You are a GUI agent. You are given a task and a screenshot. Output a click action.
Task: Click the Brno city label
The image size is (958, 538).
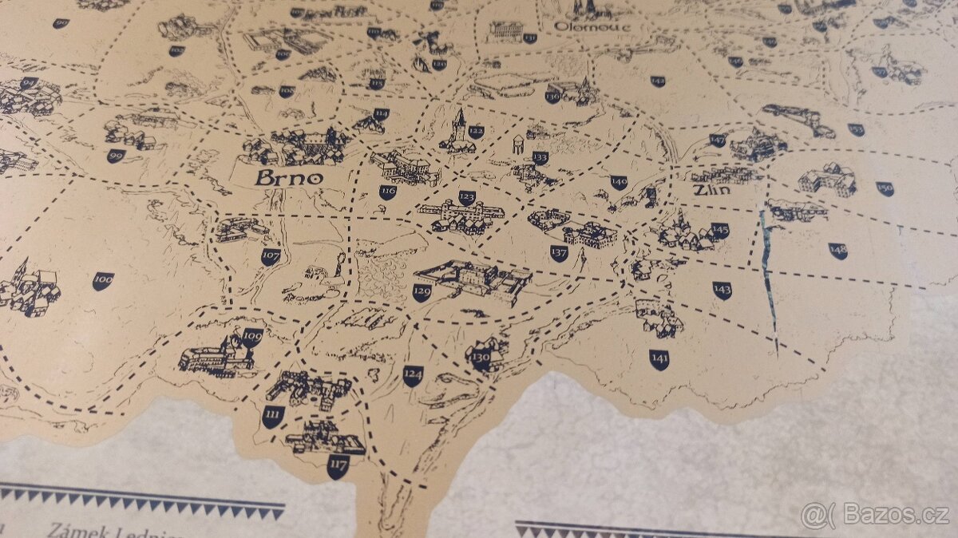[289, 177]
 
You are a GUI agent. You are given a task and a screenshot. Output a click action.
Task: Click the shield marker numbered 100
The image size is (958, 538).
[103, 280]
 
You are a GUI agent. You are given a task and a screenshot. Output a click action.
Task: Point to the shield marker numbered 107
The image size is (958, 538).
[271, 257]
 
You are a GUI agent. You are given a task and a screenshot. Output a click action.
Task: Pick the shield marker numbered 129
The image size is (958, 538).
[422, 293]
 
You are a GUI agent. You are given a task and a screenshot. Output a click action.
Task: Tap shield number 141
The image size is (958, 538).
[659, 359]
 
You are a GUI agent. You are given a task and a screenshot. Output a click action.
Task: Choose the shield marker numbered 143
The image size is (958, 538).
[722, 290]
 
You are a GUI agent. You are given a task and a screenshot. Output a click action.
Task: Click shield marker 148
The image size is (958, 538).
[837, 251]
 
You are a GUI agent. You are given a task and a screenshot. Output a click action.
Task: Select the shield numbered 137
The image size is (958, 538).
[559, 253]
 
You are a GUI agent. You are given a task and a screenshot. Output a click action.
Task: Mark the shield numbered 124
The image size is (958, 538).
[413, 375]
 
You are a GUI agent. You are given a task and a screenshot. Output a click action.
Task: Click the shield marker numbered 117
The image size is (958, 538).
[338, 465]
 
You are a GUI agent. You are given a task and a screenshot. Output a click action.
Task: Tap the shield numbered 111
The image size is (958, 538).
[273, 416]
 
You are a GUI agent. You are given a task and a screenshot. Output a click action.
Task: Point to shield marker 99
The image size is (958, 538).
[116, 156]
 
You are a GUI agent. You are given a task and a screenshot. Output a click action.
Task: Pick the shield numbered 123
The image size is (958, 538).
[467, 197]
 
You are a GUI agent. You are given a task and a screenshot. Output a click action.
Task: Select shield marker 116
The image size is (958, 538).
[388, 192]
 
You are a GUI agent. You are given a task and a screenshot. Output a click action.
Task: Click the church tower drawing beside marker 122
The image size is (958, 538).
[457, 132]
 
